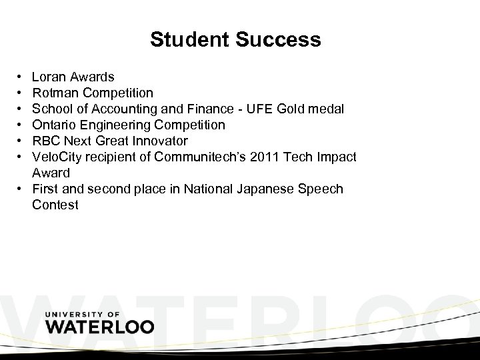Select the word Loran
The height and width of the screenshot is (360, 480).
[49, 77]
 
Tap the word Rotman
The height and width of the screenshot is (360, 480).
[55, 93]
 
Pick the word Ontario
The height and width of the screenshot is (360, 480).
[55, 125]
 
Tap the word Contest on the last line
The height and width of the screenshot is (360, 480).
[55, 205]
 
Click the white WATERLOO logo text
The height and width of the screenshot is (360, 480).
[99, 327]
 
